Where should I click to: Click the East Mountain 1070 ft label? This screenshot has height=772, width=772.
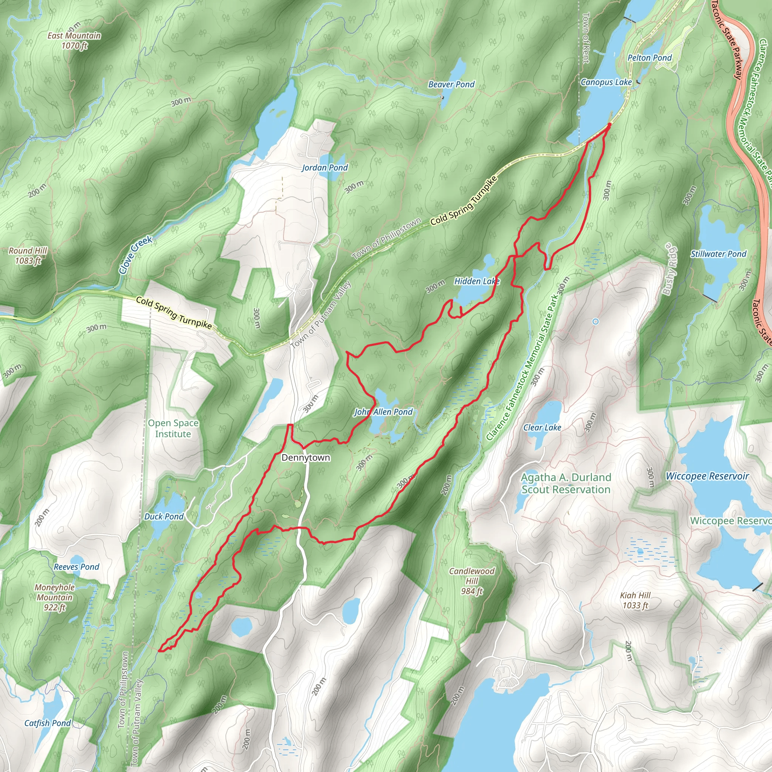click(x=74, y=40)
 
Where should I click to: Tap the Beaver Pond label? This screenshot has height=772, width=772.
click(x=451, y=84)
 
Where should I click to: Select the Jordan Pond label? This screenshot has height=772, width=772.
click(x=325, y=167)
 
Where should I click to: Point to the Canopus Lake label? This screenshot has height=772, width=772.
click(x=606, y=82)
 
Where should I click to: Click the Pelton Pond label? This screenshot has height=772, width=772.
click(x=649, y=58)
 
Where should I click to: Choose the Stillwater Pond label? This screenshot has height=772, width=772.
click(x=718, y=254)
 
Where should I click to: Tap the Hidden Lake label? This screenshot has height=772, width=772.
click(x=477, y=281)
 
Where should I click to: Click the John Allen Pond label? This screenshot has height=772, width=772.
click(x=383, y=412)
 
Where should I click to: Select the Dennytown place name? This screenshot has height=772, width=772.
click(x=306, y=458)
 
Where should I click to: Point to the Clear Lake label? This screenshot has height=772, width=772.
click(x=542, y=427)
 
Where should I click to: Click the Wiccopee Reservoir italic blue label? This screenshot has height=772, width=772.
click(x=707, y=476)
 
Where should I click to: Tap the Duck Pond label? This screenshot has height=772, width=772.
click(x=164, y=516)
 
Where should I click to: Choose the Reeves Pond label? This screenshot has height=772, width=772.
click(x=76, y=567)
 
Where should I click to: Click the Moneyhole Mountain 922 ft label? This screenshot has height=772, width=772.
click(x=55, y=597)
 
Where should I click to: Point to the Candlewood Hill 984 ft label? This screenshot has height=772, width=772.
click(x=472, y=581)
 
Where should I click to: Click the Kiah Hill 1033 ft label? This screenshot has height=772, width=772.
click(x=635, y=600)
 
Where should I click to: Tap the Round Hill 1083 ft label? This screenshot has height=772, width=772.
click(x=28, y=256)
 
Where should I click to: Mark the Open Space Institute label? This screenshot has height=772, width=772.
click(x=173, y=428)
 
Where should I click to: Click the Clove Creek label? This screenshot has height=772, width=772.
click(x=135, y=255)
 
